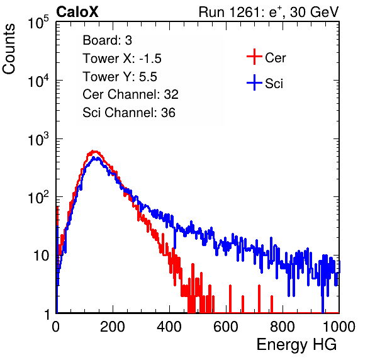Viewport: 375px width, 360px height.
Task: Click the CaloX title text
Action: pos(77,12)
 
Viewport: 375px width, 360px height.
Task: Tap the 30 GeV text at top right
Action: pos(314,12)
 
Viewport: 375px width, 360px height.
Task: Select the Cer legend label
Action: pos(275,58)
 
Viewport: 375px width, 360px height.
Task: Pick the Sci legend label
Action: pos(274,84)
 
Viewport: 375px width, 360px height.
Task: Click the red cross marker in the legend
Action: pos(254,57)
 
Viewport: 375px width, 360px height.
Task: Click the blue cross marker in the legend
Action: pos(254,82)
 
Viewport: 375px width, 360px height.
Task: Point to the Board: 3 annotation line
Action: pos(107,40)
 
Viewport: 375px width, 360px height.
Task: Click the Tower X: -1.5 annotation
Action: pos(122,59)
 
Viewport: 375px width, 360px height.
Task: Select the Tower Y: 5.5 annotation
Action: pos(120,77)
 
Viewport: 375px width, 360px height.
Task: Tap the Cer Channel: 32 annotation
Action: pos(130,94)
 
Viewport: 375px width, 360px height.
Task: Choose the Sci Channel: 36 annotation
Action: pos(129,113)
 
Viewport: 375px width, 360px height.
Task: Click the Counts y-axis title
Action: pos(9,49)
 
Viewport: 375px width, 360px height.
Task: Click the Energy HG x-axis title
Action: pos(297,344)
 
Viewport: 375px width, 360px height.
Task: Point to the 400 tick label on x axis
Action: pos(169,327)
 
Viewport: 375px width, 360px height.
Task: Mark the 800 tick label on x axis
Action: pos(283,327)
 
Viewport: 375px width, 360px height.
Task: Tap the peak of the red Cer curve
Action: pos(94,151)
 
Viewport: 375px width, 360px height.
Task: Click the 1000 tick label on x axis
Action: pos(339,327)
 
